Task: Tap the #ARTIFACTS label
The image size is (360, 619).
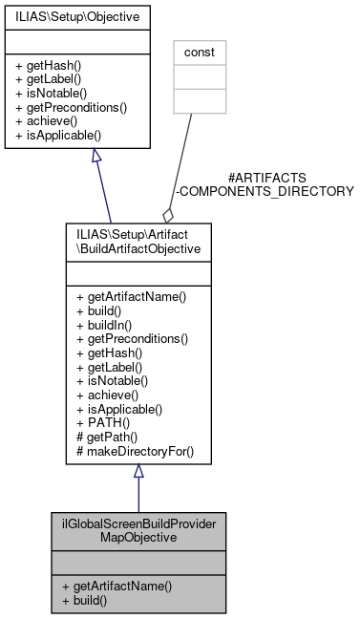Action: [266, 178]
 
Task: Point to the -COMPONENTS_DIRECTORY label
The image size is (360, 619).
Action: [266, 191]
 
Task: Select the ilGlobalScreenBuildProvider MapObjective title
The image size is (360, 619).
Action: [138, 533]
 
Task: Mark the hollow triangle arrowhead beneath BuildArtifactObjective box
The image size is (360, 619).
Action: [138, 471]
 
